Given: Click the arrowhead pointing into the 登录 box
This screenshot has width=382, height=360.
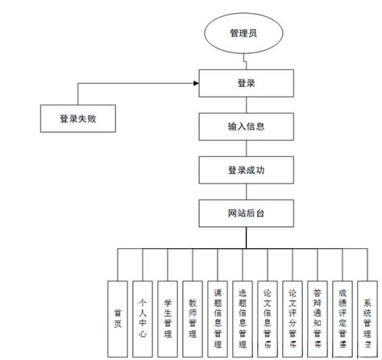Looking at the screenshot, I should click(x=196, y=82).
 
